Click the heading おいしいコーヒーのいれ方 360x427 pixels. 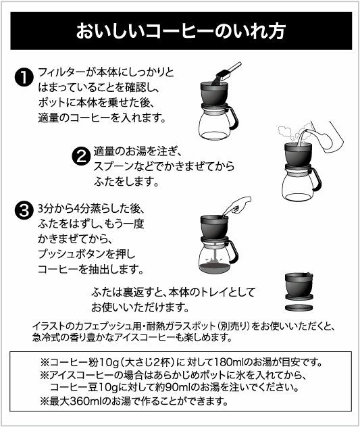pos(180,32)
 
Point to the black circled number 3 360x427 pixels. pos(24,210)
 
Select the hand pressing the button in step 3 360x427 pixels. pos(237,203)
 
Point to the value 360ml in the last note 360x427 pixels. pos(95,400)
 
